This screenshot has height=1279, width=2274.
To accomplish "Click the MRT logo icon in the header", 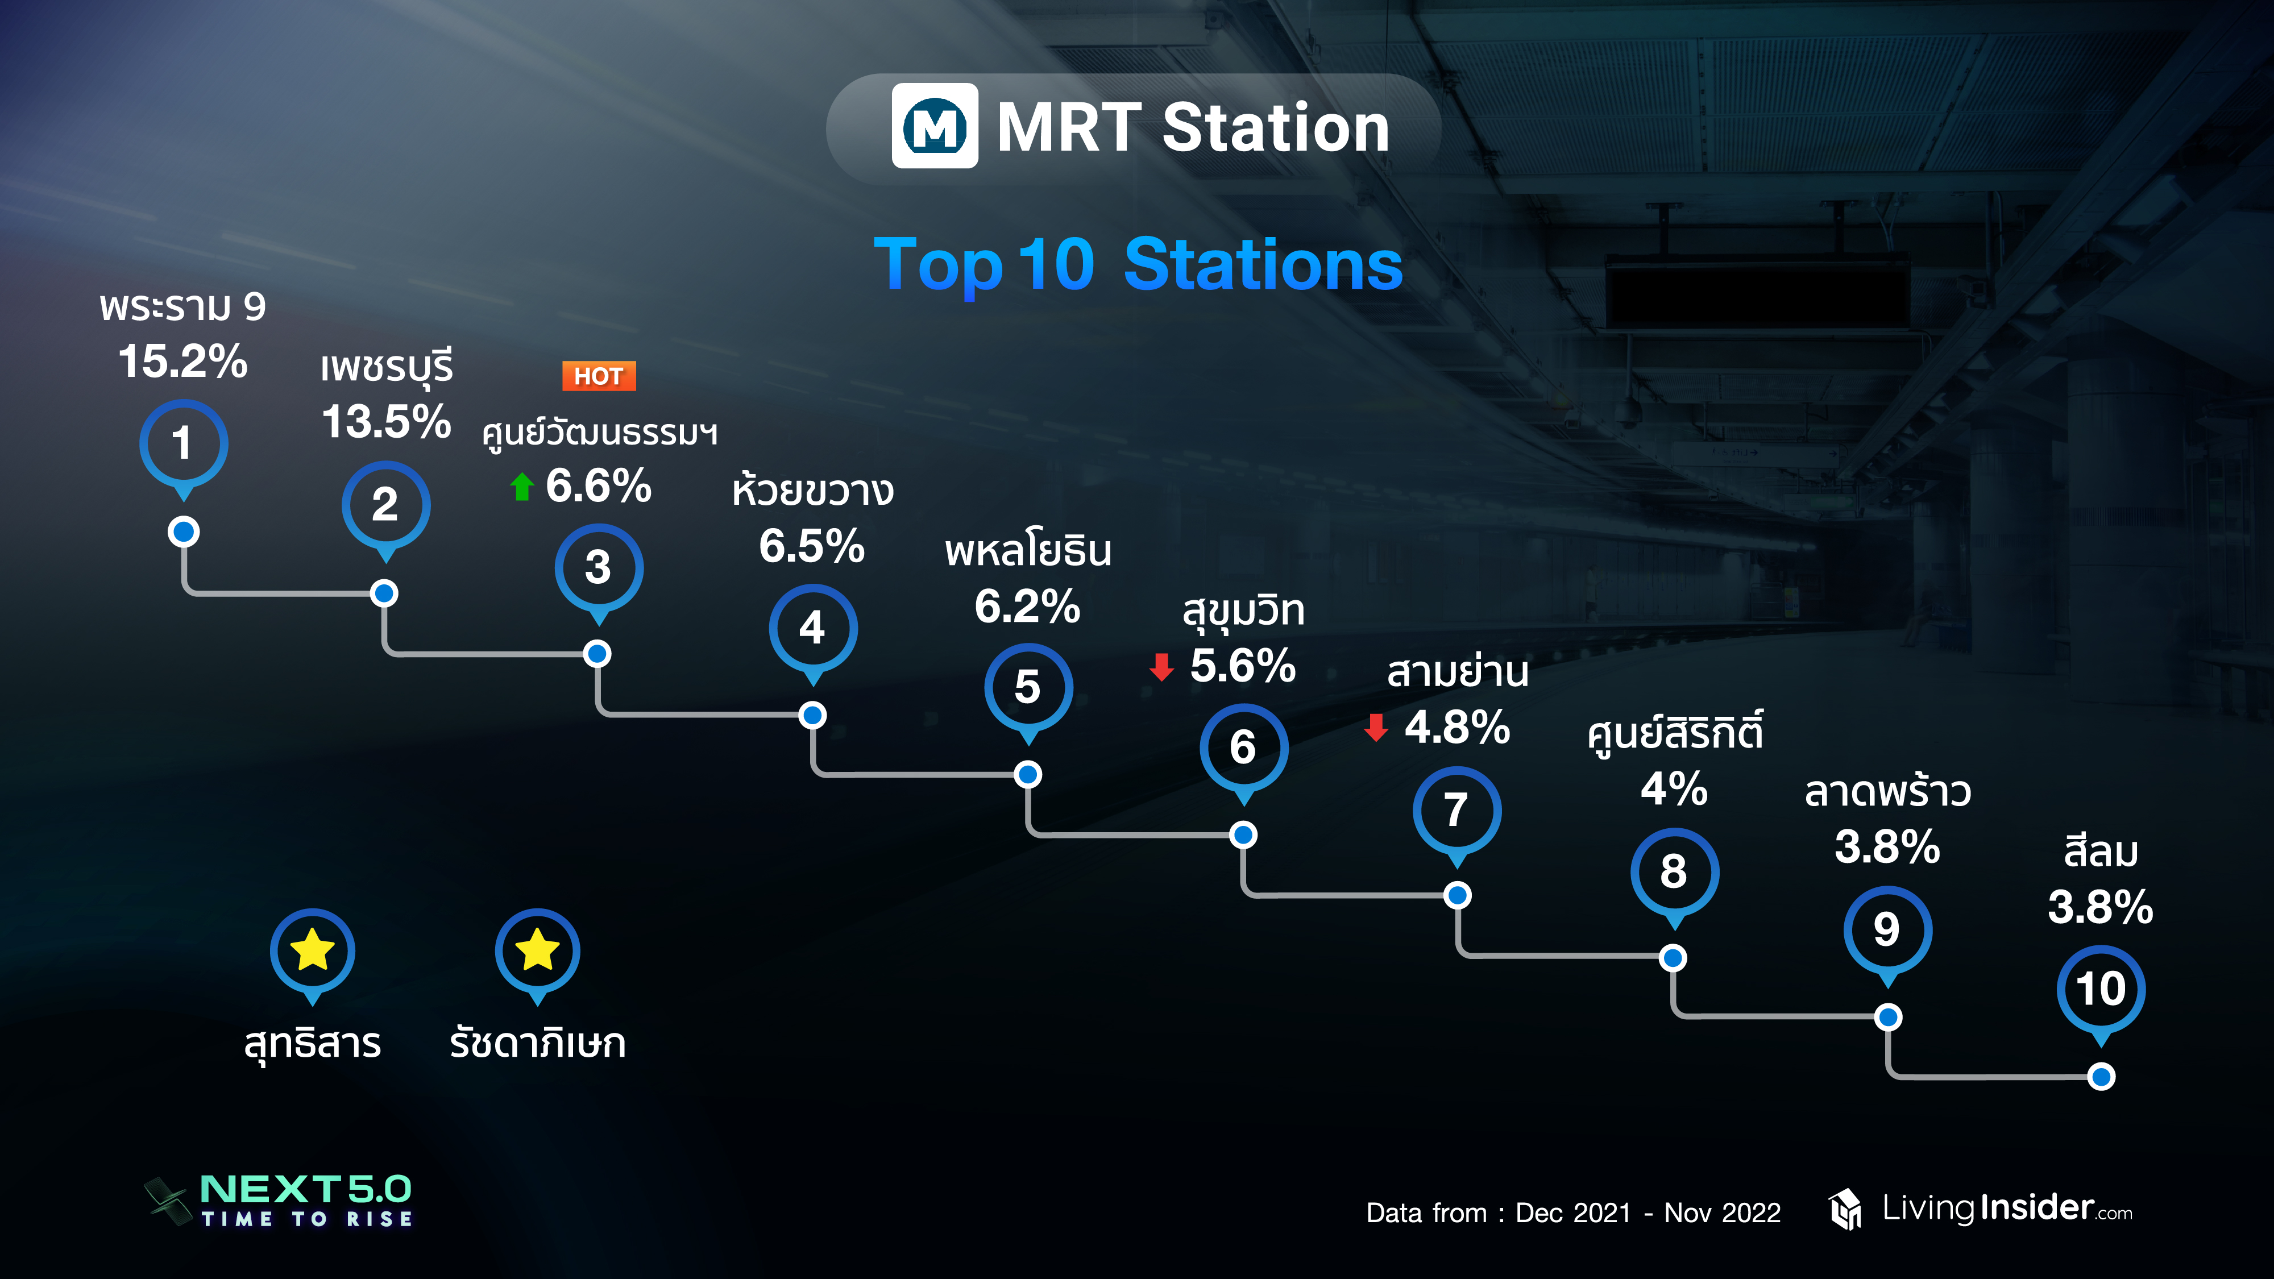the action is (935, 126).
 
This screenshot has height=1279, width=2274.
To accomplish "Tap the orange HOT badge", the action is (599, 376).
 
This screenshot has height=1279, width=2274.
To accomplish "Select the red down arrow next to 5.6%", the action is (1161, 667).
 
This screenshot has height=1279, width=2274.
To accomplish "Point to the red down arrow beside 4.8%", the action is (1376, 728).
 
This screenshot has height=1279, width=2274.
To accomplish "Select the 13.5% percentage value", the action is (387, 421).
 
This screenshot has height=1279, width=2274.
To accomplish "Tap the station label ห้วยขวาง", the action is (813, 490).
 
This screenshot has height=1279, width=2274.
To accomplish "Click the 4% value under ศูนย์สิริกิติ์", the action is (1674, 788).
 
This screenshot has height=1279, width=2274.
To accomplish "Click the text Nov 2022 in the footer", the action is (1723, 1213).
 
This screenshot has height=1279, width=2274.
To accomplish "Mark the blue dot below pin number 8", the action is (1673, 958).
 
